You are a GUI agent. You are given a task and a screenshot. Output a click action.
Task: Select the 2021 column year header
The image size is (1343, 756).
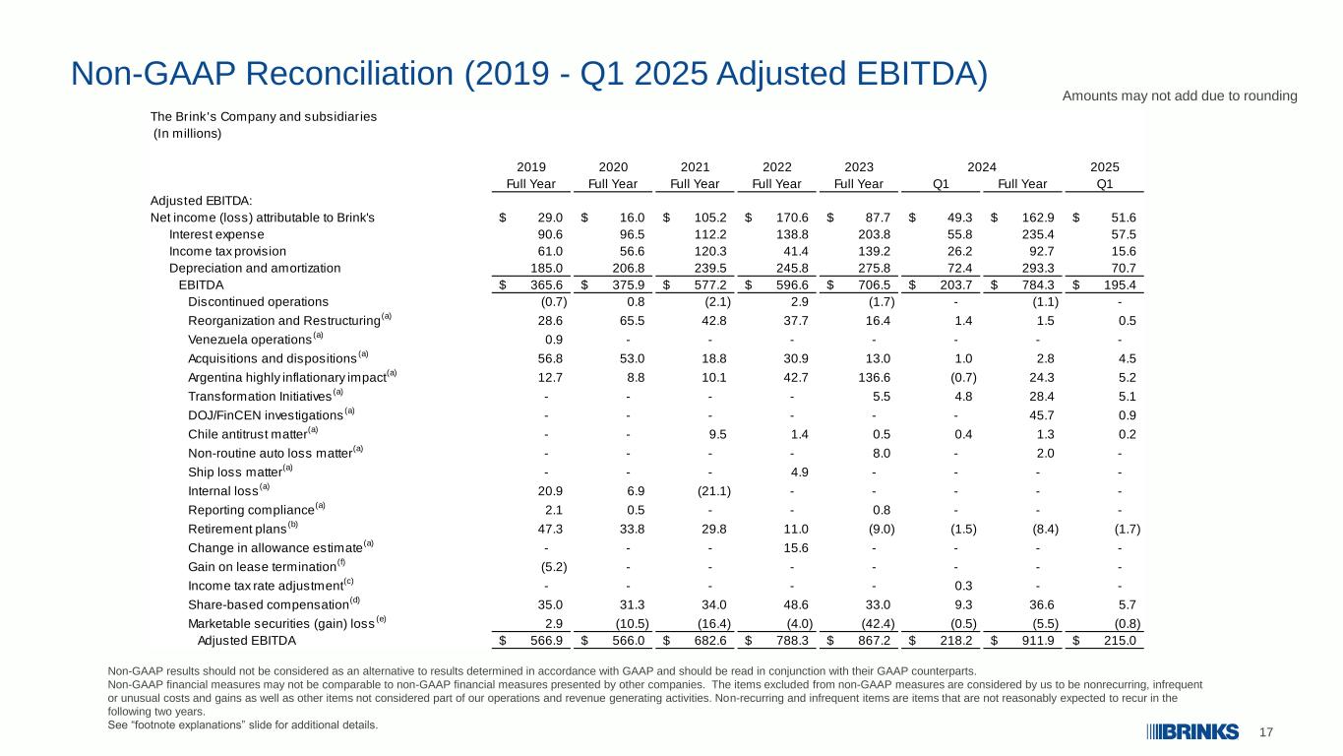[695, 167]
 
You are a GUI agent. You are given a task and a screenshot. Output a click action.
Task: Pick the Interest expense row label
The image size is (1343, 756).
[216, 234]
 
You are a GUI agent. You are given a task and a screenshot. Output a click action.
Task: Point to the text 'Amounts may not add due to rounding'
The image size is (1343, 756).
[1180, 95]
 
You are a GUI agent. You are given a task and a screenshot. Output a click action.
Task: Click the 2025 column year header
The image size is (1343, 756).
[1105, 167]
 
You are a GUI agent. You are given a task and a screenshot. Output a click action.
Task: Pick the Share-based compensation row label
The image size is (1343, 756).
[269, 603]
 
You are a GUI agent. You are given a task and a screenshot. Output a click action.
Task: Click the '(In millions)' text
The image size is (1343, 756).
[187, 134]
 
